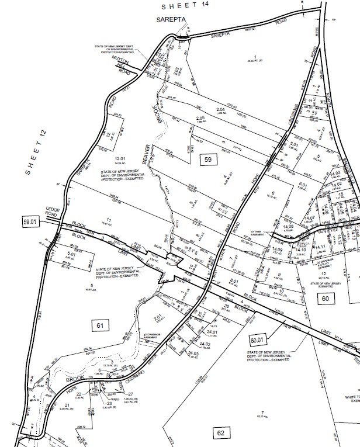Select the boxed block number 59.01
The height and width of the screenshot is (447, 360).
point(30,222)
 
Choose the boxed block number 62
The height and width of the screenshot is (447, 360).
point(220,433)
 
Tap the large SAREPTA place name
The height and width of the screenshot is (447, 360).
point(171,20)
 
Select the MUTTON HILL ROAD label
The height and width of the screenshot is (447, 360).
point(121,65)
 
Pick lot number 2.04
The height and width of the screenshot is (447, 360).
point(220,109)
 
